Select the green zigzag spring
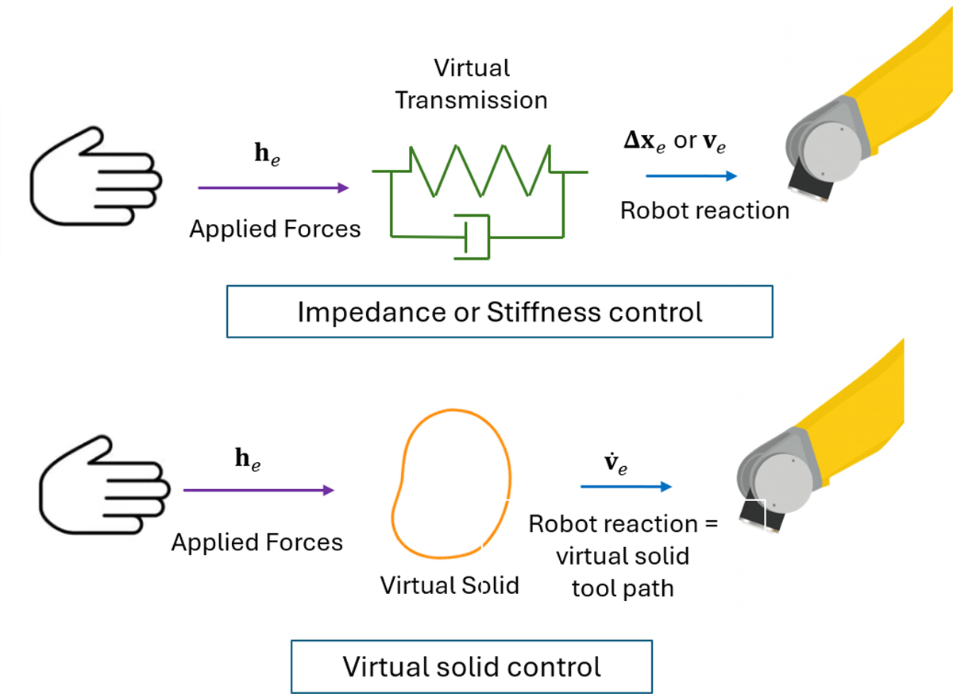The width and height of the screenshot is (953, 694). [x=480, y=171]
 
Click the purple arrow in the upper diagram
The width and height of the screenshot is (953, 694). [x=273, y=187]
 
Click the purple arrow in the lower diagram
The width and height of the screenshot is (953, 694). [x=259, y=490]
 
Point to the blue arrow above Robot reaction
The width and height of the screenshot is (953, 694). [x=692, y=175]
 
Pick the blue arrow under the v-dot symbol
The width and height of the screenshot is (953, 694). [x=627, y=486]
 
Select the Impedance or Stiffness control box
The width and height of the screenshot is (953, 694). [x=500, y=311]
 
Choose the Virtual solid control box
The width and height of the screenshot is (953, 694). [x=472, y=666]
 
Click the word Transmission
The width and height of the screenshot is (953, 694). [x=471, y=100]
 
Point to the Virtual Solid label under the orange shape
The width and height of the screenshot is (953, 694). [x=449, y=585]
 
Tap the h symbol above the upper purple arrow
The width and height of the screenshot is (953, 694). [x=267, y=155]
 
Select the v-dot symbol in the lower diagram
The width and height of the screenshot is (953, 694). [x=615, y=464]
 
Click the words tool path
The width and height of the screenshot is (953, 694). [x=623, y=588]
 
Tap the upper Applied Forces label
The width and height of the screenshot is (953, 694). [x=275, y=229]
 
